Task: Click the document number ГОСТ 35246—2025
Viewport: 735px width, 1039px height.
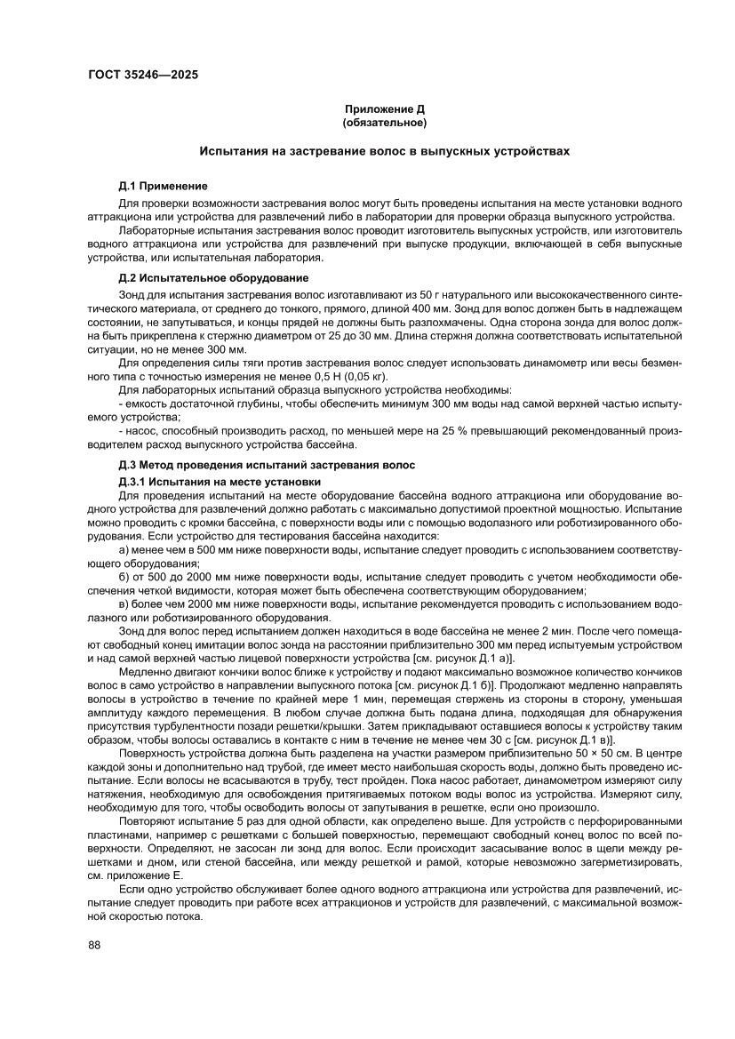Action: pyautogui.click(x=142, y=75)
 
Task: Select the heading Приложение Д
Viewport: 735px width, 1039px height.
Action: pyautogui.click(x=385, y=108)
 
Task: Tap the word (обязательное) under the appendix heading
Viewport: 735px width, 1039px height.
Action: pyautogui.click(x=385, y=121)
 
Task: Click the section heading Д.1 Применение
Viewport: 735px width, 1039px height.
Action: pyautogui.click(x=163, y=186)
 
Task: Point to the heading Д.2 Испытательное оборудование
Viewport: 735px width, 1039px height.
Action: pyautogui.click(x=213, y=278)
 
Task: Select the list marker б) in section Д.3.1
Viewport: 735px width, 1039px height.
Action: pyautogui.click(x=124, y=578)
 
